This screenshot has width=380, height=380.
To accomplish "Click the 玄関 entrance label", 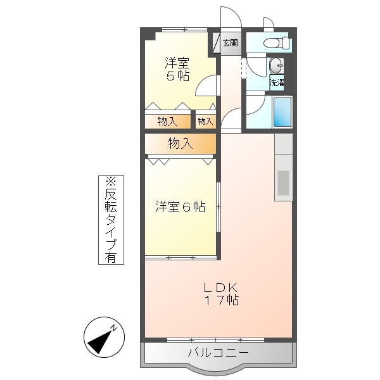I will click(230, 43).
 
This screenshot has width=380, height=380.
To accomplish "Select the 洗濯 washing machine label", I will click(277, 82).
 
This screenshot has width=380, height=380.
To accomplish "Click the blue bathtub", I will click(282, 112).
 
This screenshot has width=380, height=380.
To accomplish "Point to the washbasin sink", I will click(277, 66).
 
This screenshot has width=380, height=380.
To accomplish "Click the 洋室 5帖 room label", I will click(177, 69).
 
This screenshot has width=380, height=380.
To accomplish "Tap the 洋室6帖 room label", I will click(180, 207).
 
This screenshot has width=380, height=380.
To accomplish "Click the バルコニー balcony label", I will click(218, 353).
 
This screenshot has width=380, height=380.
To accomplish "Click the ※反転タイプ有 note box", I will click(111, 219).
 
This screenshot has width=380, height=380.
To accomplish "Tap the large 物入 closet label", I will click(180, 144).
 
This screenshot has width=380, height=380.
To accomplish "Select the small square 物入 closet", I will click(205, 120).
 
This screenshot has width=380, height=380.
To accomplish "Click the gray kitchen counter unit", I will click(283, 168).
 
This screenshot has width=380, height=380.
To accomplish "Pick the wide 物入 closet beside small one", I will click(167, 120).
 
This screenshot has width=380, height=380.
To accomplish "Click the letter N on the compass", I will click(115, 327).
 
